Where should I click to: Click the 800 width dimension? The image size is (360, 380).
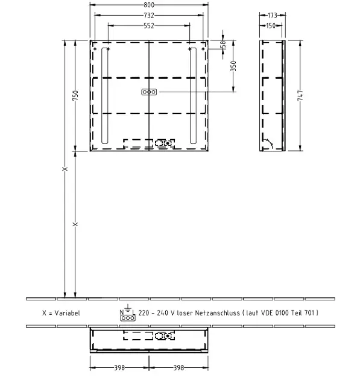(x=149, y=5)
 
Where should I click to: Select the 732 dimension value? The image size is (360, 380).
(x=149, y=15)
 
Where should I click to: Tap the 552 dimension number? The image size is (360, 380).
(x=149, y=26)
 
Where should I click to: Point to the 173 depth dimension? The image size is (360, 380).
(x=273, y=15)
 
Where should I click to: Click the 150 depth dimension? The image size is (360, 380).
(x=271, y=25)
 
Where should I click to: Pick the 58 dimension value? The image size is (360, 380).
(x=223, y=45)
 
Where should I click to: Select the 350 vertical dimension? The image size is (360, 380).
(x=233, y=66)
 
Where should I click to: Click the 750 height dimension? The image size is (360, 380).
(x=75, y=95)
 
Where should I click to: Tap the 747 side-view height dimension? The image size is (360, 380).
(x=300, y=95)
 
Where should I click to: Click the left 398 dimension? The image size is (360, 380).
(x=119, y=368)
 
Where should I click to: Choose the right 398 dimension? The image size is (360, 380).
(x=178, y=368)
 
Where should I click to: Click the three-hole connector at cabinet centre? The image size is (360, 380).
(x=149, y=92)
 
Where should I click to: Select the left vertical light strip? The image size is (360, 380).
(x=105, y=95)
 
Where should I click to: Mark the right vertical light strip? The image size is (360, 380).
(x=193, y=95)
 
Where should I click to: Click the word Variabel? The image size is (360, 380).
(x=67, y=313)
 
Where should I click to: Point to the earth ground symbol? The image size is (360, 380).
(x=128, y=308)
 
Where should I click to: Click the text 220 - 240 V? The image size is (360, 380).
(x=156, y=313)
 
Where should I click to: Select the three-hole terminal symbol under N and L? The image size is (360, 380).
(x=128, y=318)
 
